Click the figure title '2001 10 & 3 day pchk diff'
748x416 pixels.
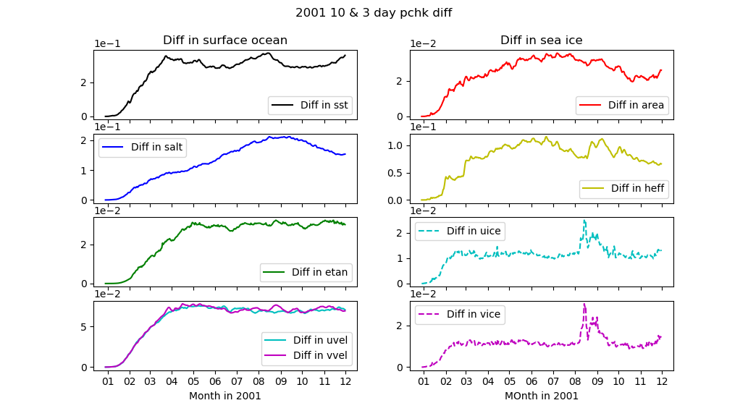coord(374,13)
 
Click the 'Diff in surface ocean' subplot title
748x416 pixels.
coord(224,41)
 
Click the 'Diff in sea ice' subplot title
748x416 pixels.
coord(541,41)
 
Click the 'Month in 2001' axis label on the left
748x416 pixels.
coord(224,396)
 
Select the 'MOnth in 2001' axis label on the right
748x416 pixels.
coord(541,396)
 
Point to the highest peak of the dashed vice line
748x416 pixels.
coord(584,304)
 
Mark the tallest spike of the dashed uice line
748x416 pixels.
coord(584,221)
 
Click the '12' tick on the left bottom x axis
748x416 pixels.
coord(345,381)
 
